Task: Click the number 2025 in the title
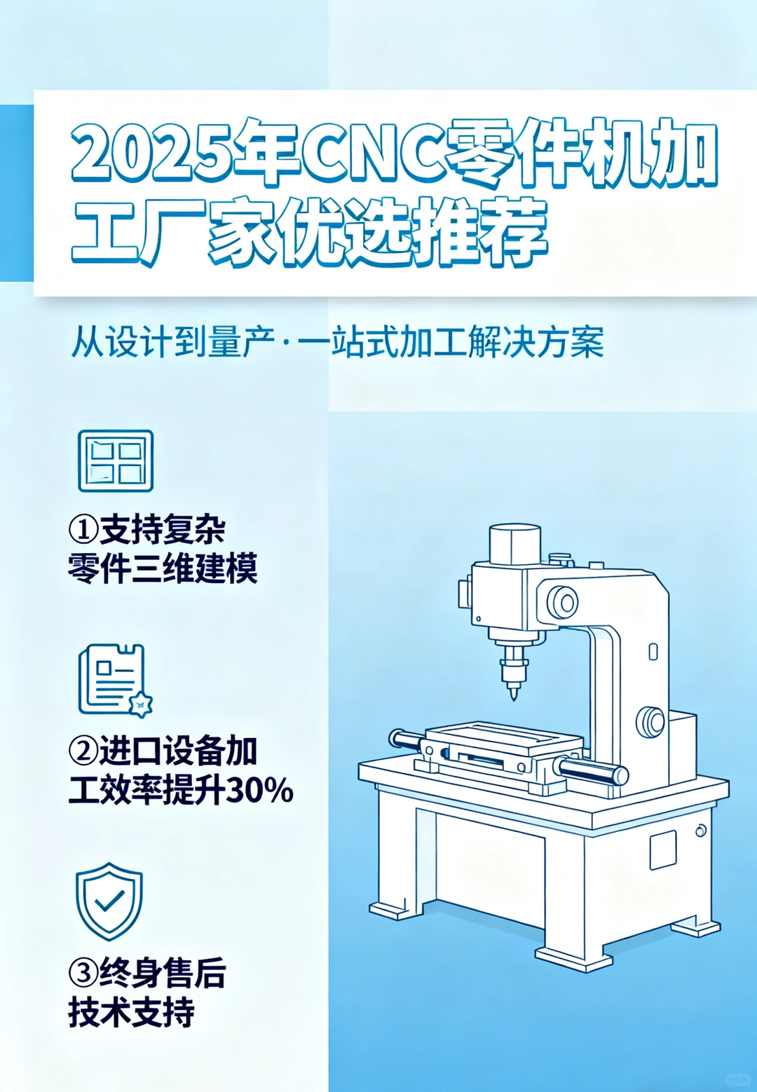point(151,153)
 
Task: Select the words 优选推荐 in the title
point(414,232)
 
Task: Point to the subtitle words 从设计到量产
point(172,342)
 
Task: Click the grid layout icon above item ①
point(116,461)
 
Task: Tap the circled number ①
point(83,529)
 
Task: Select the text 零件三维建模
point(163,568)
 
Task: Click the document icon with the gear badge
point(114,681)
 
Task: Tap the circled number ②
point(83,751)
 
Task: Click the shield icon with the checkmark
point(109,901)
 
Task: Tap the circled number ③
point(83,973)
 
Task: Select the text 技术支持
point(131,1013)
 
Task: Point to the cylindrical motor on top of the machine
point(515,544)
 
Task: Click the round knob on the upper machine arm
point(562,602)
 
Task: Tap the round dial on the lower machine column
point(651,722)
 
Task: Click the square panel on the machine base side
point(662,849)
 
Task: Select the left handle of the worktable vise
point(405,739)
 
